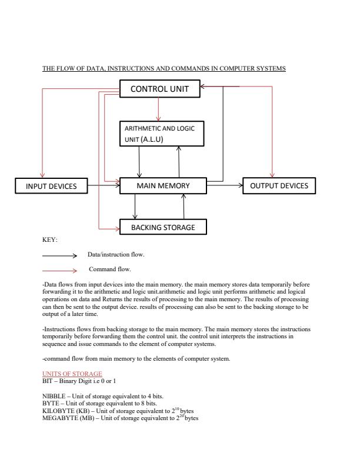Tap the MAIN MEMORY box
coord(163,186)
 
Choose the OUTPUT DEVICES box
coord(279,186)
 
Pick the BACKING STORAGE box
coord(163,227)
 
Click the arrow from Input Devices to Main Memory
coord(103,186)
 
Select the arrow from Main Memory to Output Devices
coord(225,186)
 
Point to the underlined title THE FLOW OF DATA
coord(164,69)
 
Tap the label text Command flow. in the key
coord(109,269)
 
